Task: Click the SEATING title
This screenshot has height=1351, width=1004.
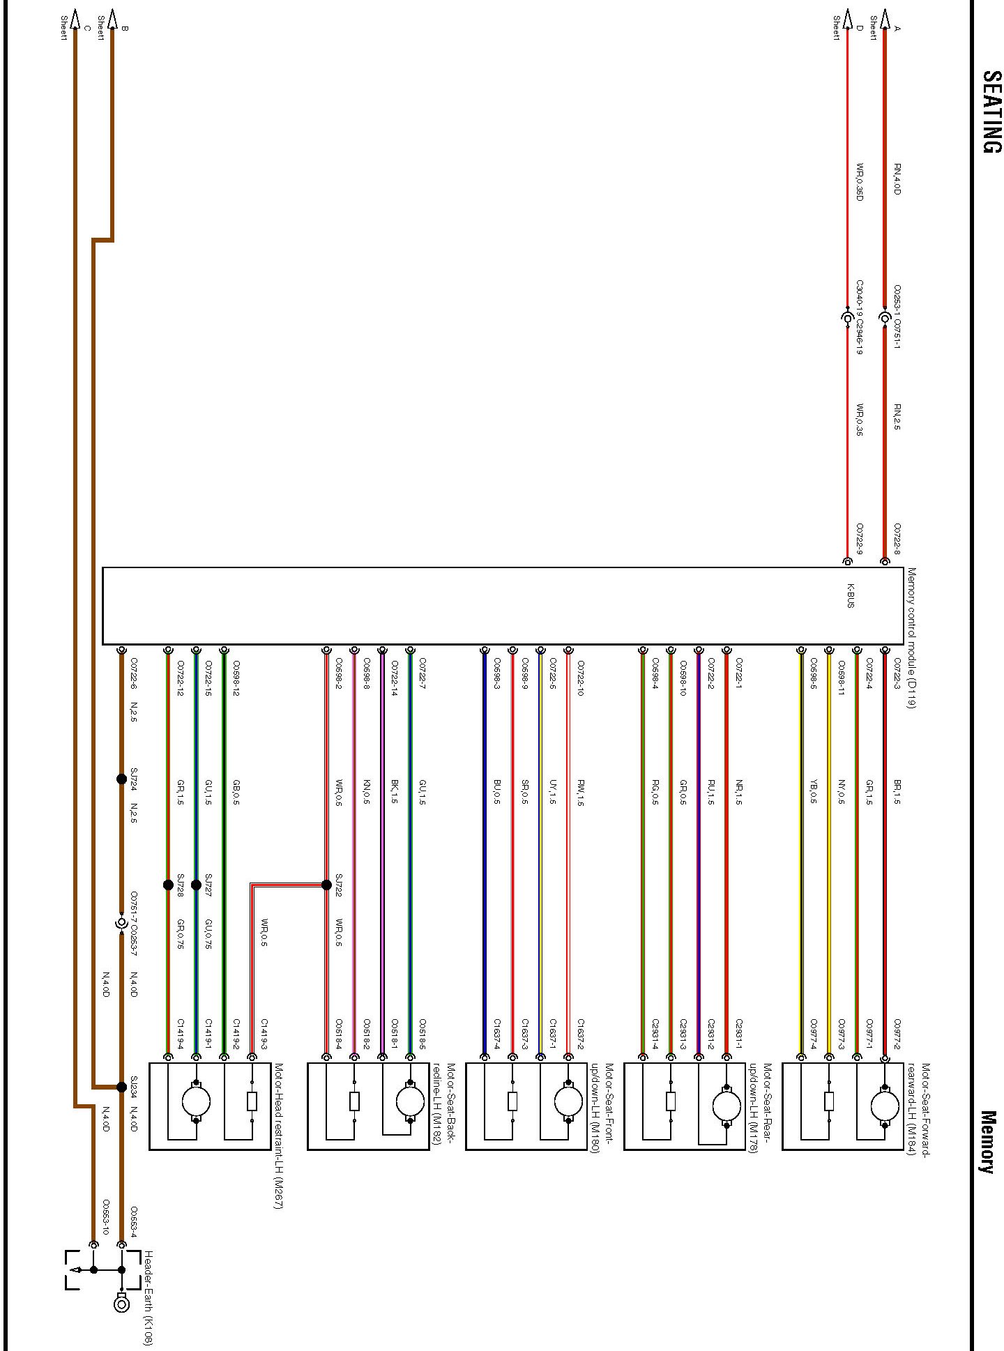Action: click(991, 112)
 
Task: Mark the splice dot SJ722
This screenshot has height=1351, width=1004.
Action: click(326, 885)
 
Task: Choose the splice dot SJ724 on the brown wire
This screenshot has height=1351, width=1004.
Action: click(121, 779)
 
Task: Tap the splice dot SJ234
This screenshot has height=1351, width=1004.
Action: click(121, 1087)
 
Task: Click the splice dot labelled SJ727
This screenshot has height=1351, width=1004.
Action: click(196, 885)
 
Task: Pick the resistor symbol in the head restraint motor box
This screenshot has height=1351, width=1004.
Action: click(252, 1101)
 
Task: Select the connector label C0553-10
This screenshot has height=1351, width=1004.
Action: click(107, 1217)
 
